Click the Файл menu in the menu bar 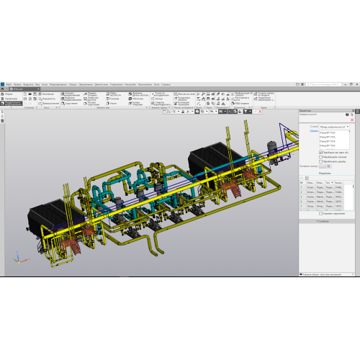point(8,84)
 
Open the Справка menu point(166,84)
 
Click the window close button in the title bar point(356,84)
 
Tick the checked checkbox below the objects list point(321,152)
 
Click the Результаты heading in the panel point(325,174)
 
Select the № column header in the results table point(302,182)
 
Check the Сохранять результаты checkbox point(321,214)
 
